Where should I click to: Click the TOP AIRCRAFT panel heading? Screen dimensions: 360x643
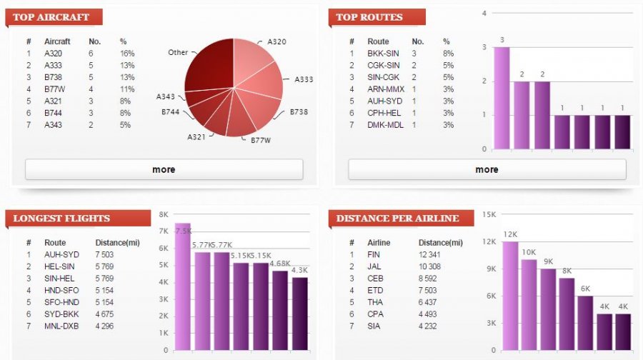pos(52,16)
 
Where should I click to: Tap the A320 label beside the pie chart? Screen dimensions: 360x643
pos(277,42)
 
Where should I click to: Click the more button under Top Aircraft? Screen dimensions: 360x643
pos(164,169)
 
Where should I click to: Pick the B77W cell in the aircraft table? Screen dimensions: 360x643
pos(54,89)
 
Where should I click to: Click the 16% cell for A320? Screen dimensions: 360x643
pos(127,53)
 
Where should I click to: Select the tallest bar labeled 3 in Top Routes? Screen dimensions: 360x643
pos(502,98)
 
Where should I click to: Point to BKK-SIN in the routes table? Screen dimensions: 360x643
pos(382,53)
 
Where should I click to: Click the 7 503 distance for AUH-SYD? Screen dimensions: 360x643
pos(118,254)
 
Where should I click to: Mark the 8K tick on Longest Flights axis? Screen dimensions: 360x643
pos(164,214)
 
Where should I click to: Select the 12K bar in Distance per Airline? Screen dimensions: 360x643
pos(510,296)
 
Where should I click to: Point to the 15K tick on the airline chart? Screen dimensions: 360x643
pos(489,214)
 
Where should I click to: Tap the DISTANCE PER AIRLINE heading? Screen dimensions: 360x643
pos(398,218)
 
